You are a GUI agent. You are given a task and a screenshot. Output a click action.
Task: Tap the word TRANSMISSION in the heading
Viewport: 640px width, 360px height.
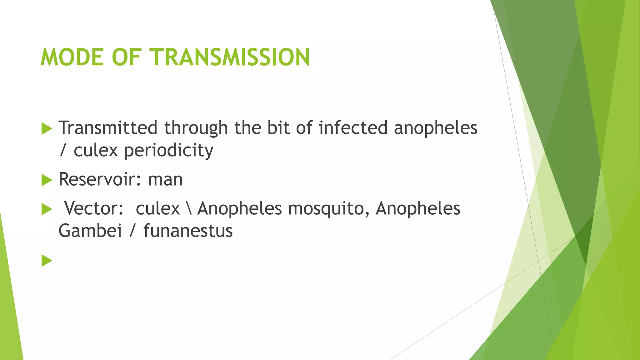[231, 57]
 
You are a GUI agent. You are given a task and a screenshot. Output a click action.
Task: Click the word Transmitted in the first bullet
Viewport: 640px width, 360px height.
[108, 128]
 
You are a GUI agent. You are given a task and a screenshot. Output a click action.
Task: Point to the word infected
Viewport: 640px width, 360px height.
[353, 128]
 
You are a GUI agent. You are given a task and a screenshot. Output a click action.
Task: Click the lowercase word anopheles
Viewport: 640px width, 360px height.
[436, 128]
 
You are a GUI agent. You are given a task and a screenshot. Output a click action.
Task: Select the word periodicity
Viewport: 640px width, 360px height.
[169, 151]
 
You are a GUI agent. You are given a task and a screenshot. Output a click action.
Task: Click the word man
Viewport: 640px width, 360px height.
[165, 180]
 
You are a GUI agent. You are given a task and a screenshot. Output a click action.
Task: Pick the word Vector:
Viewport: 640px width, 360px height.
[94, 208]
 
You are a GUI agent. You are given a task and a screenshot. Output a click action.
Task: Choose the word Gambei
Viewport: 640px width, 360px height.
[90, 231]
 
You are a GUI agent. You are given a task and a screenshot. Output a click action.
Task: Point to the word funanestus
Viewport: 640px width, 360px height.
[188, 231]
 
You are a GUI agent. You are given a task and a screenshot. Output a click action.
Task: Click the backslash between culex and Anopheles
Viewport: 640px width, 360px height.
[189, 208]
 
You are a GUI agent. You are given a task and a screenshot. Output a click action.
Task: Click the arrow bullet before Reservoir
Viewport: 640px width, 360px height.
[47, 180]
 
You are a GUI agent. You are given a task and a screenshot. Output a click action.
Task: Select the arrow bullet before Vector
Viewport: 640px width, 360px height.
[47, 209]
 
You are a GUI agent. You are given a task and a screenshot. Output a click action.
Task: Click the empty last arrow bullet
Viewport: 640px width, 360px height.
[47, 261]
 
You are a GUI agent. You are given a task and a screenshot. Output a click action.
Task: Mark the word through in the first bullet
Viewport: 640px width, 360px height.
[196, 128]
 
